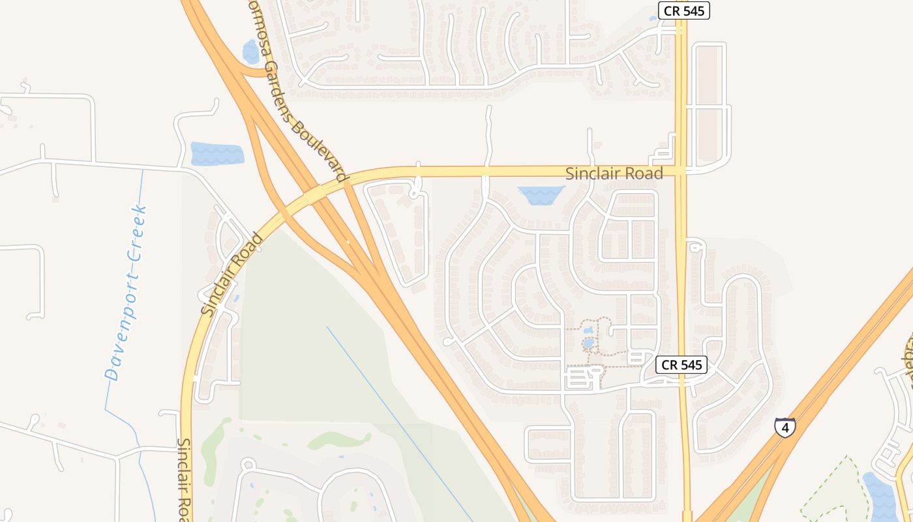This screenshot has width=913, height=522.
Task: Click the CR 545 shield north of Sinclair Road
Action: (x=683, y=10)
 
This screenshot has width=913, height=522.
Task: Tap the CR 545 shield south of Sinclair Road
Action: (x=681, y=365)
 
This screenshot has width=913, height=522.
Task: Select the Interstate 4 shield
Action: (x=785, y=427)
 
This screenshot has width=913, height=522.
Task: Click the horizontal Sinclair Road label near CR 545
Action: (x=614, y=174)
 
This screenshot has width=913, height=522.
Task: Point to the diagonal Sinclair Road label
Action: (x=232, y=275)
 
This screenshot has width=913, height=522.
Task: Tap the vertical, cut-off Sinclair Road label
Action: (x=184, y=479)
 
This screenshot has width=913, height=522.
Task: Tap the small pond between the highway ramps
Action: (x=251, y=52)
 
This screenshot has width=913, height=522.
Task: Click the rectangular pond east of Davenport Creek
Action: (x=217, y=154)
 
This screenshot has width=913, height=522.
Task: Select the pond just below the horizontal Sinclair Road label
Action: (x=541, y=195)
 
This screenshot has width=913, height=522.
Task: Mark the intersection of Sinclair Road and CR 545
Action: (x=681, y=170)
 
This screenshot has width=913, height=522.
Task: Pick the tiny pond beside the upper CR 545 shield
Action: (x=653, y=19)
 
